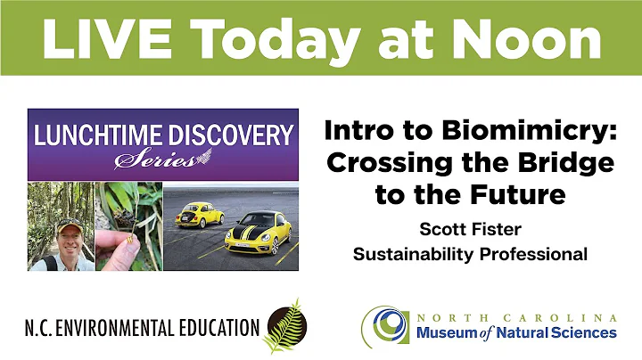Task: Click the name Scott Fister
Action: click(470, 228)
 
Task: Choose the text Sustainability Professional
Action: click(470, 254)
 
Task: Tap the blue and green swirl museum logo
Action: click(386, 326)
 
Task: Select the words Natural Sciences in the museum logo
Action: click(562, 332)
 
